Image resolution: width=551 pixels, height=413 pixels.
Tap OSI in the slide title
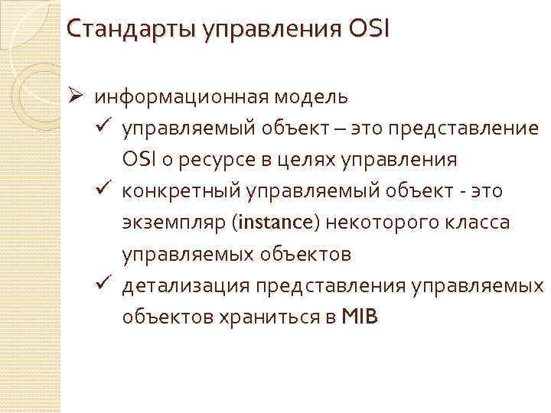369,31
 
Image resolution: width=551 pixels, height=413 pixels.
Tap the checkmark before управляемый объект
106,127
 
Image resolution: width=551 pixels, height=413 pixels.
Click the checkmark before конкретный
106,190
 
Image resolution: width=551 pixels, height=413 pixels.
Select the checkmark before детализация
106,285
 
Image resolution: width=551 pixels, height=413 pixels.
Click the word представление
463,128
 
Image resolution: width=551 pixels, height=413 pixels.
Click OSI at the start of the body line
139,160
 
